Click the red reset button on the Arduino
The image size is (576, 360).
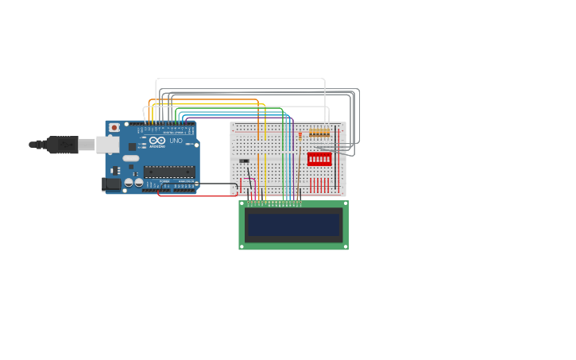(x=114, y=127)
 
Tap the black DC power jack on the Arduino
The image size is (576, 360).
(x=111, y=184)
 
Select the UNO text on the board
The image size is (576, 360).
(x=176, y=141)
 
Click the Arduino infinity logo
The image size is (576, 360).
(x=157, y=141)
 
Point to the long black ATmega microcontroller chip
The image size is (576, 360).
(x=169, y=172)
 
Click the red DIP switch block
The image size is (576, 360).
(x=319, y=159)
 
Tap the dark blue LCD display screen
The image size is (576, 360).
(x=293, y=225)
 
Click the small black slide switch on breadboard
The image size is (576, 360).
(x=244, y=161)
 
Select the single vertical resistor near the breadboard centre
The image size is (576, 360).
(x=300, y=136)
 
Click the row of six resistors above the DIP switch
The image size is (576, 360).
(x=319, y=133)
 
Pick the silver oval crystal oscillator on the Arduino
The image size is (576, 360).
(x=130, y=157)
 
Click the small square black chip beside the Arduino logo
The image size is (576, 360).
(x=132, y=146)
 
